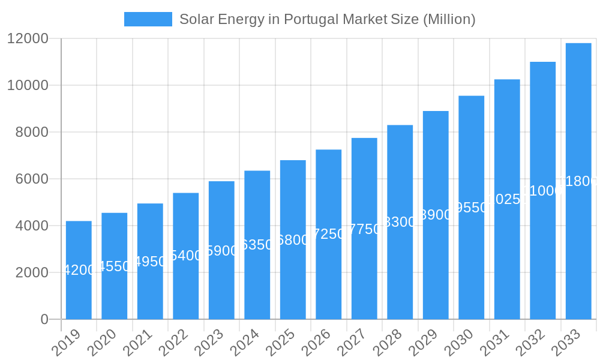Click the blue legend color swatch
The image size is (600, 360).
pyautogui.click(x=148, y=19)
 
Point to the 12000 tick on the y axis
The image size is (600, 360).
pyautogui.click(x=28, y=38)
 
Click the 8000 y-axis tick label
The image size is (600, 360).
pyautogui.click(x=32, y=132)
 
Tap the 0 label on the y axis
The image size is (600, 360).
pyautogui.click(x=44, y=319)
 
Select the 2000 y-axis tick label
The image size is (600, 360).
pyautogui.click(x=32, y=272)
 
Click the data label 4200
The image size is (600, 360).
pyautogui.click(x=79, y=270)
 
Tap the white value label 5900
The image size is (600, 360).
pyautogui.click(x=221, y=251)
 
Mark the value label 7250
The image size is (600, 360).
pyautogui.click(x=329, y=234)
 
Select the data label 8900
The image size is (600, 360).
pyautogui.click(x=436, y=215)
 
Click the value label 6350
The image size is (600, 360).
pyautogui.click(x=257, y=245)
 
